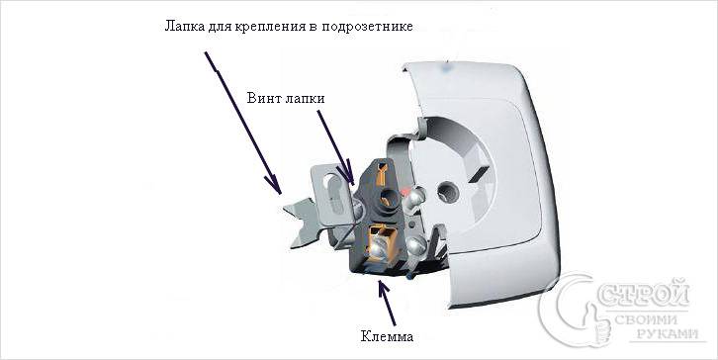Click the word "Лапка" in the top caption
184,26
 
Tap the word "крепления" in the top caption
268,26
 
